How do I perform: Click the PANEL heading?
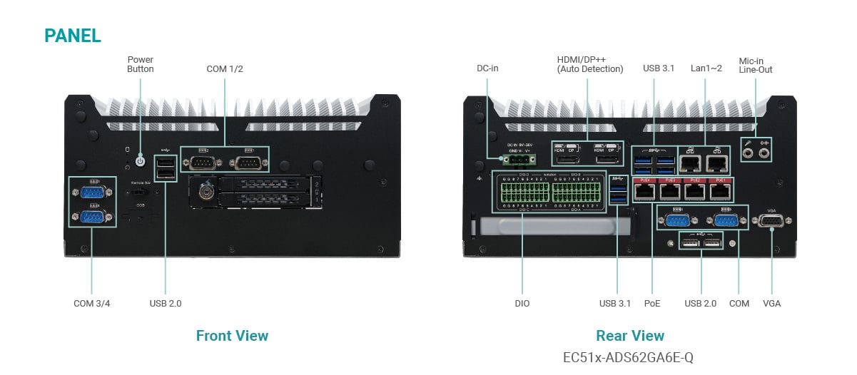click(x=73, y=36)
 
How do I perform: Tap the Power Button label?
click(x=140, y=64)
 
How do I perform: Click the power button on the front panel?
click(x=141, y=162)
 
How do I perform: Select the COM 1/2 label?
click(x=225, y=69)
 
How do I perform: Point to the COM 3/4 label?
click(x=92, y=304)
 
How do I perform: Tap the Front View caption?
click(x=232, y=336)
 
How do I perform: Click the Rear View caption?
click(x=629, y=336)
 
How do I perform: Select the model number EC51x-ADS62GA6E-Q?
click(x=629, y=357)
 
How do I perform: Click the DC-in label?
click(x=487, y=68)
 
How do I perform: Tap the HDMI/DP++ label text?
click(x=590, y=64)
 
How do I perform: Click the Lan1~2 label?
click(x=706, y=68)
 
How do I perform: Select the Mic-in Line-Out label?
click(x=756, y=65)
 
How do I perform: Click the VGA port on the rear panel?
click(x=771, y=222)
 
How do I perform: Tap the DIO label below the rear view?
click(x=522, y=304)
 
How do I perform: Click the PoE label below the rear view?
click(x=652, y=304)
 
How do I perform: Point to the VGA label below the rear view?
click(x=771, y=304)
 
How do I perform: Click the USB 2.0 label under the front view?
click(x=166, y=304)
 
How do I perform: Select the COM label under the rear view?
click(x=739, y=304)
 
